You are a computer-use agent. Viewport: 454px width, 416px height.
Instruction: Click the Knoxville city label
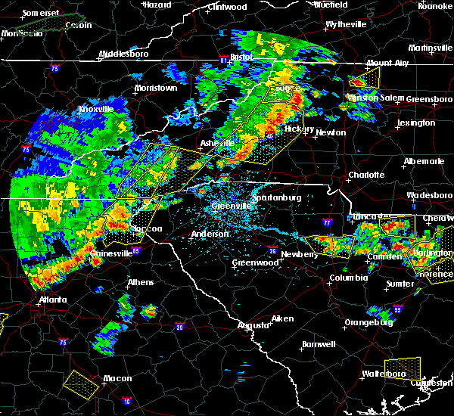coord(96,109)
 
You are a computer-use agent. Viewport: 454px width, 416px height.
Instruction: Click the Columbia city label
coord(349,278)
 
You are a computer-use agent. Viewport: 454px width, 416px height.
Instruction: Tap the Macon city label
coord(117,378)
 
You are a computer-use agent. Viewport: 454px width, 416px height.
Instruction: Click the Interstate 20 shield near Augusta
coord(179,327)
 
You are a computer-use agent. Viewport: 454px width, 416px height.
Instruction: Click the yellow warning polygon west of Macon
coord(82,383)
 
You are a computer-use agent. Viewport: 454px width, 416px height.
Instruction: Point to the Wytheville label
coord(346,25)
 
